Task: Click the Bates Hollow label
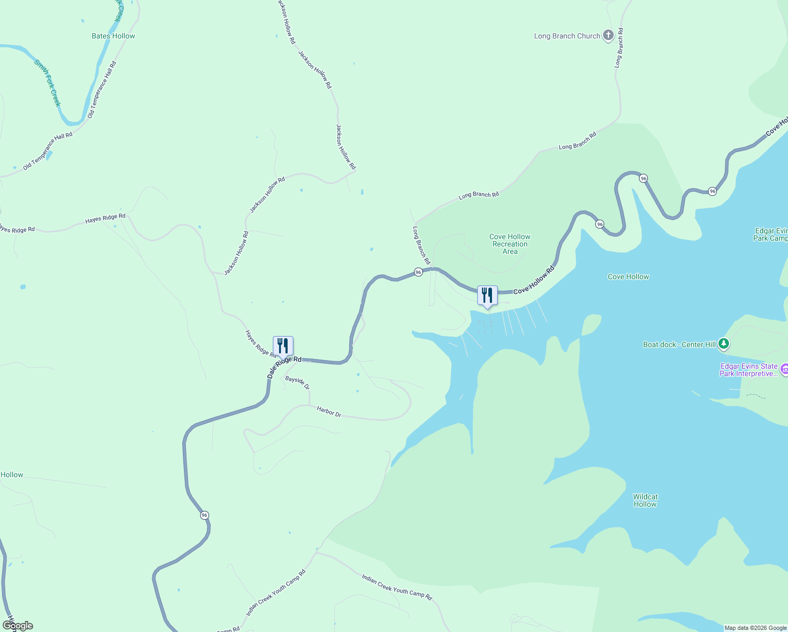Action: coord(113,36)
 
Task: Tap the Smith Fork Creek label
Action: coord(48,83)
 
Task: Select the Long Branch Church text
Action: coord(567,36)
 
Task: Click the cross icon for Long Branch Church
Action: coord(608,35)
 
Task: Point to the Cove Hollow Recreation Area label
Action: coord(510,244)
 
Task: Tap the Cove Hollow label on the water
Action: coord(628,276)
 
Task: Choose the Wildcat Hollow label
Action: coord(645,500)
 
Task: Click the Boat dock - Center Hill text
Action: coord(679,344)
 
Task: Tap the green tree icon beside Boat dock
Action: coord(724,344)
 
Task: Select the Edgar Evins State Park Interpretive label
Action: coord(748,370)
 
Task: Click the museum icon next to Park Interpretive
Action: coord(784,370)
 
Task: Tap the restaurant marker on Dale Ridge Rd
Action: coord(283,346)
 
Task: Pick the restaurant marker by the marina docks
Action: coord(487,295)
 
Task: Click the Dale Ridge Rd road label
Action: coord(284,367)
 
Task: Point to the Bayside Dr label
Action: coord(298,382)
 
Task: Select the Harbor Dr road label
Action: coord(329,411)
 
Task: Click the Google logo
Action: coord(18,626)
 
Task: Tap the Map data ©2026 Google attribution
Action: coord(755,628)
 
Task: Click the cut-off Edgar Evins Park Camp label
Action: coord(771,234)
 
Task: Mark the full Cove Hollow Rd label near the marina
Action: coord(534,280)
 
